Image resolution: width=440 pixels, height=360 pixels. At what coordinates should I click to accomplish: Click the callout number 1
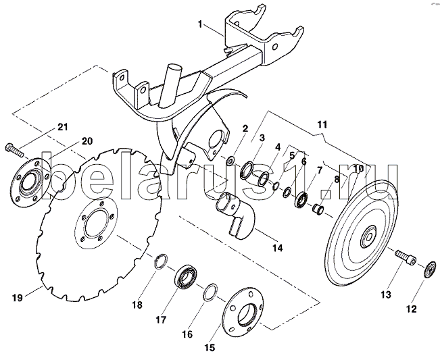(x=200, y=25)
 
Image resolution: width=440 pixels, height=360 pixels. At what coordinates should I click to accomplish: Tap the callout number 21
(x=63, y=127)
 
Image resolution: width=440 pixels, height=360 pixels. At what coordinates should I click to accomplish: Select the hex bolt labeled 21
(x=15, y=150)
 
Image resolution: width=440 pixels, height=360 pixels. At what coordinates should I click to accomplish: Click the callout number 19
(x=18, y=297)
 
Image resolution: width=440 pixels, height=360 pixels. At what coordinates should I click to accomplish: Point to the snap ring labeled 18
(x=161, y=261)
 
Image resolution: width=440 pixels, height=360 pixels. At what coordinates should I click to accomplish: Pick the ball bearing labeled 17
(x=186, y=276)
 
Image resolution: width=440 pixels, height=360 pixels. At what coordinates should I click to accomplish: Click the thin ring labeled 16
(x=210, y=292)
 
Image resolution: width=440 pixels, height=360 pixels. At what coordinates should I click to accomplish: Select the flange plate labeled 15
(x=243, y=311)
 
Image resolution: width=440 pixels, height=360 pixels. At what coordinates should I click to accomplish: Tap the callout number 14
(x=277, y=248)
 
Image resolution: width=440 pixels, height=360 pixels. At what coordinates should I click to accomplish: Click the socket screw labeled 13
(x=406, y=257)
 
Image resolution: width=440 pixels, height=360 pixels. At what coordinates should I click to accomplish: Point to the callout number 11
(x=322, y=124)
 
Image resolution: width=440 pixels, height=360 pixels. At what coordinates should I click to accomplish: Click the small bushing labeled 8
(x=318, y=209)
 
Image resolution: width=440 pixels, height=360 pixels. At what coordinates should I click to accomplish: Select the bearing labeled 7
(x=301, y=199)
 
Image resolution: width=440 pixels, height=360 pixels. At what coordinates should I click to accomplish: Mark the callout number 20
(x=87, y=140)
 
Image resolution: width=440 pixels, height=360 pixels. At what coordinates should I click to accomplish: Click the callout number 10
(x=358, y=168)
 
